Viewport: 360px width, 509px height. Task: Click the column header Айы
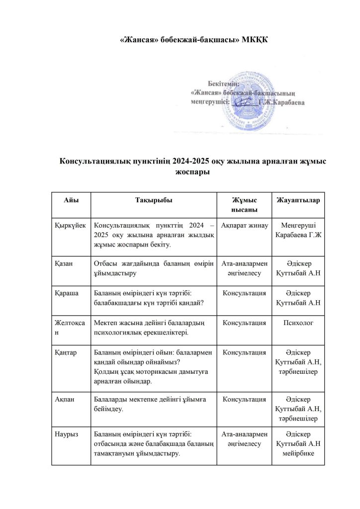tap(71, 199)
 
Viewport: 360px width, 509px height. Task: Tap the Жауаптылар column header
tap(298, 199)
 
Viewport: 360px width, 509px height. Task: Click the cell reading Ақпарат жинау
tap(243, 225)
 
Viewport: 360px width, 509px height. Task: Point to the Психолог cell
tap(298, 323)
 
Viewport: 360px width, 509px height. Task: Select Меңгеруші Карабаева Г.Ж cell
tap(298, 230)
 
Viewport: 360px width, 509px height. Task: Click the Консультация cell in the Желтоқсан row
tap(243, 323)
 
